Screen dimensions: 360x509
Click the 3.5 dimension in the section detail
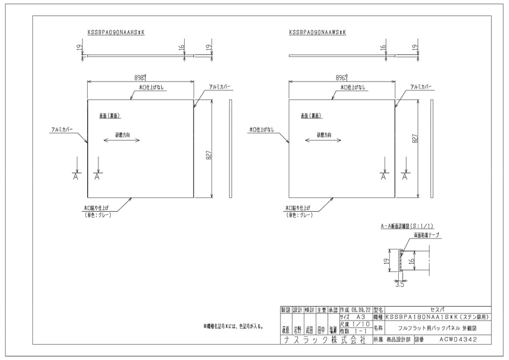tap(399, 284)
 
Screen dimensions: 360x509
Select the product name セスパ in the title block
tap(438, 310)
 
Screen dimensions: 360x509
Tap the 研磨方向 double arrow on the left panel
tap(123, 140)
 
